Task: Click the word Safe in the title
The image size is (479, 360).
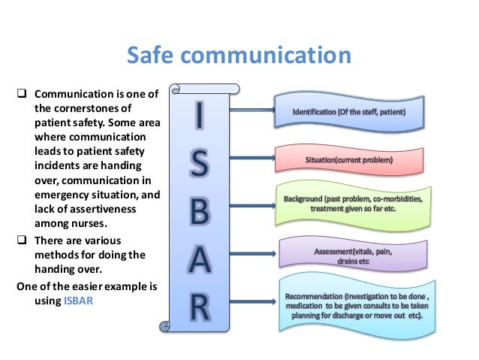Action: click(x=150, y=57)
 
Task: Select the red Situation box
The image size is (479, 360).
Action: click(x=348, y=160)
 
